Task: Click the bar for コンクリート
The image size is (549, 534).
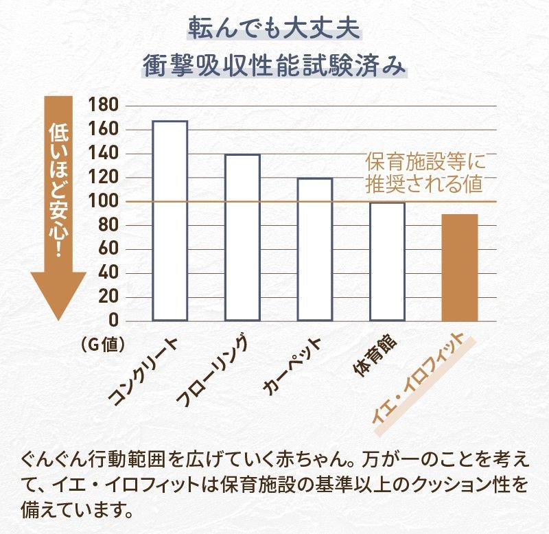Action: (x=170, y=220)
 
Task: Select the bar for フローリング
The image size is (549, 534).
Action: (x=242, y=237)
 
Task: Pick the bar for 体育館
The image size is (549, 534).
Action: (x=387, y=261)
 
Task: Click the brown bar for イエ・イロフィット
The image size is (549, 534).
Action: (x=459, y=267)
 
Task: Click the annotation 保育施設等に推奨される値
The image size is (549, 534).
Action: (x=425, y=173)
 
